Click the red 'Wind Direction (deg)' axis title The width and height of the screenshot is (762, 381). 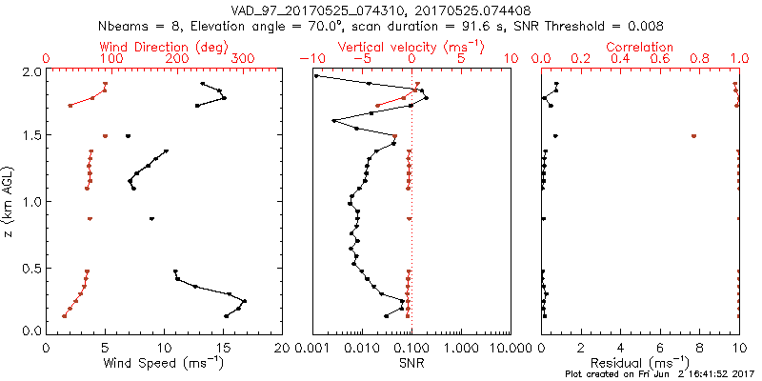point(166,47)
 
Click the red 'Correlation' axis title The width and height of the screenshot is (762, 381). point(640,47)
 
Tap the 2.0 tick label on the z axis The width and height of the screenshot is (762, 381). point(31,71)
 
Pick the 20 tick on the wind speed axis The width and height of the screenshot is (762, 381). point(282,348)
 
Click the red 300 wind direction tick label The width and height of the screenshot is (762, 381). point(244,59)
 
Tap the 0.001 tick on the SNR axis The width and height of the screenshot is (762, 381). point(312,348)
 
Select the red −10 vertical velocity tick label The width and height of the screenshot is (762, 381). point(311,59)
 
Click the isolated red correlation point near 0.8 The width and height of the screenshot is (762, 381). point(693,136)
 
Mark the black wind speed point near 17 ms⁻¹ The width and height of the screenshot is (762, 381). point(245,302)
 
